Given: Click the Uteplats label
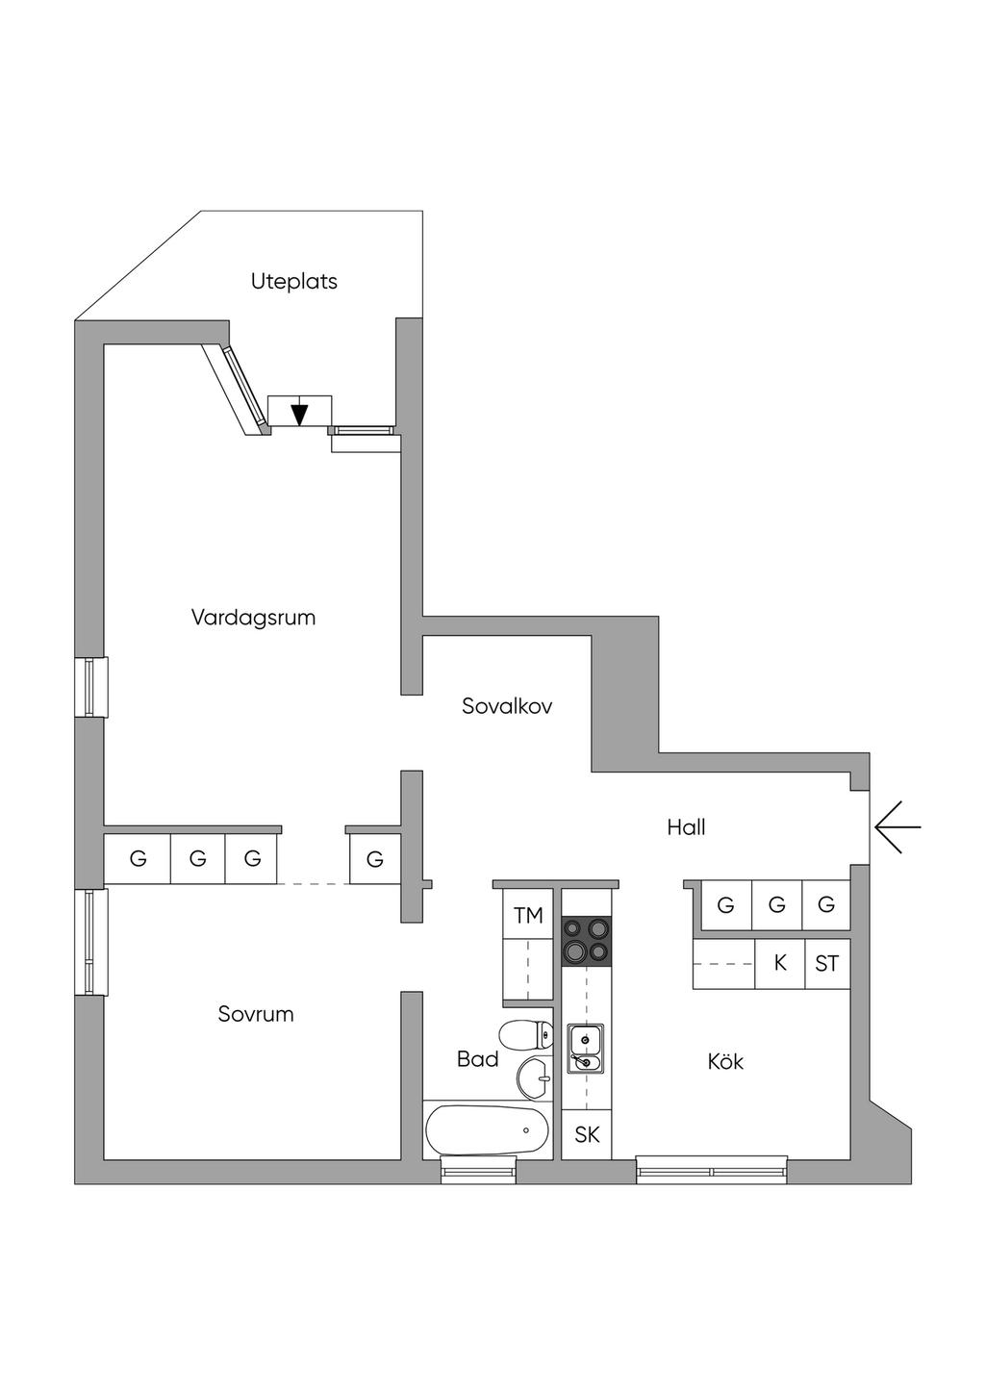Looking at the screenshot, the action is point(294,282).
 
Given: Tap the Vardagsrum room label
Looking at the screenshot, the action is point(253,618).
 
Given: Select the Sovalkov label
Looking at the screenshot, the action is point(507,706).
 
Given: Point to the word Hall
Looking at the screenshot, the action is point(686,827).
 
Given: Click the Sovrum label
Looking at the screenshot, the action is point(255,1014).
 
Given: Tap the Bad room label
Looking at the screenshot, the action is point(477,1060).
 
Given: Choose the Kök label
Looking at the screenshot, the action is point(725,1062).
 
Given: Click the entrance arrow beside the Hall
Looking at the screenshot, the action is point(897,827).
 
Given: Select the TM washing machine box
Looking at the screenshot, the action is point(528,916).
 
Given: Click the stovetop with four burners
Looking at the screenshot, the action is point(586,941).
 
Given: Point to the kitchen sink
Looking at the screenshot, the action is point(585,1049).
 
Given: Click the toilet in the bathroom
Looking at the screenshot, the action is point(528,1036).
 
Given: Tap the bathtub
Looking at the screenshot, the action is point(487,1131).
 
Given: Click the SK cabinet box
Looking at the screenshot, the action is point(587,1135).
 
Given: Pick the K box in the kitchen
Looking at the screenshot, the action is point(779,963).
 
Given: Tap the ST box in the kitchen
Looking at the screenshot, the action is point(826,963).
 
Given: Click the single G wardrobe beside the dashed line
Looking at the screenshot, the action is point(375,859).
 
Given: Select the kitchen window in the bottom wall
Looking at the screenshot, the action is point(712,1171).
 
